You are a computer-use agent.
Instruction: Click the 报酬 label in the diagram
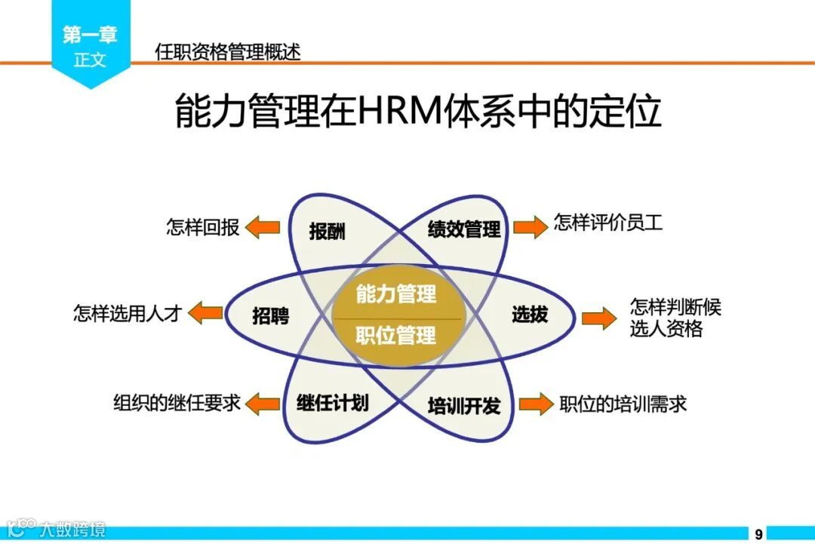(x=327, y=232)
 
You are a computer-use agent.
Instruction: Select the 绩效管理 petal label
(x=464, y=229)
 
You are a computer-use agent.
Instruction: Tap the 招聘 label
(x=270, y=316)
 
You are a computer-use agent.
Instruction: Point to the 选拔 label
(x=530, y=315)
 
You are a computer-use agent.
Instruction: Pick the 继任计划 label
(x=332, y=402)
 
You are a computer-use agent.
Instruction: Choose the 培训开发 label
(x=464, y=406)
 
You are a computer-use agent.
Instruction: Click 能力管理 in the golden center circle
(x=396, y=294)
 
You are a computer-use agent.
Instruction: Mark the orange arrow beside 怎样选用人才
(x=205, y=312)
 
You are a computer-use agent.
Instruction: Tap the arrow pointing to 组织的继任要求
(x=263, y=403)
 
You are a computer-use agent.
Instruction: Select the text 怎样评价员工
(x=608, y=223)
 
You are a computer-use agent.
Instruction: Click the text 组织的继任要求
(x=177, y=403)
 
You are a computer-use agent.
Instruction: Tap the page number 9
(x=758, y=533)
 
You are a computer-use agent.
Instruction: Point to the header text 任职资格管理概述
(x=227, y=52)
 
